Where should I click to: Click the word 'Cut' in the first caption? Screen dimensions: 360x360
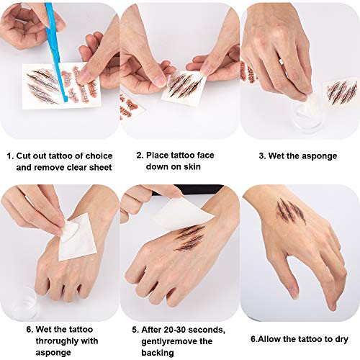(x=24, y=156)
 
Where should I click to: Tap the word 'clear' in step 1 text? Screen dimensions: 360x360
(x=78, y=167)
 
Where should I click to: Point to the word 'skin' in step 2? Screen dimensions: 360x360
(x=192, y=166)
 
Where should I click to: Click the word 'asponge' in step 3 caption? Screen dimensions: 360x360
(x=320, y=156)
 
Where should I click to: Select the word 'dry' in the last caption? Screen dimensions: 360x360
(x=341, y=340)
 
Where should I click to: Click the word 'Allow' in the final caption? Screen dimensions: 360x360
(x=269, y=339)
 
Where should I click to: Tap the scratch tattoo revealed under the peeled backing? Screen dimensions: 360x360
(x=190, y=238)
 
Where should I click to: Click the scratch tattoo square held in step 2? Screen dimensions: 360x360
(x=184, y=88)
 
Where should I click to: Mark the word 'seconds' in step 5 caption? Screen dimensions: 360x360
(x=207, y=330)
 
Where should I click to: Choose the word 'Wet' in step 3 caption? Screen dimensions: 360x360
(x=276, y=156)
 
